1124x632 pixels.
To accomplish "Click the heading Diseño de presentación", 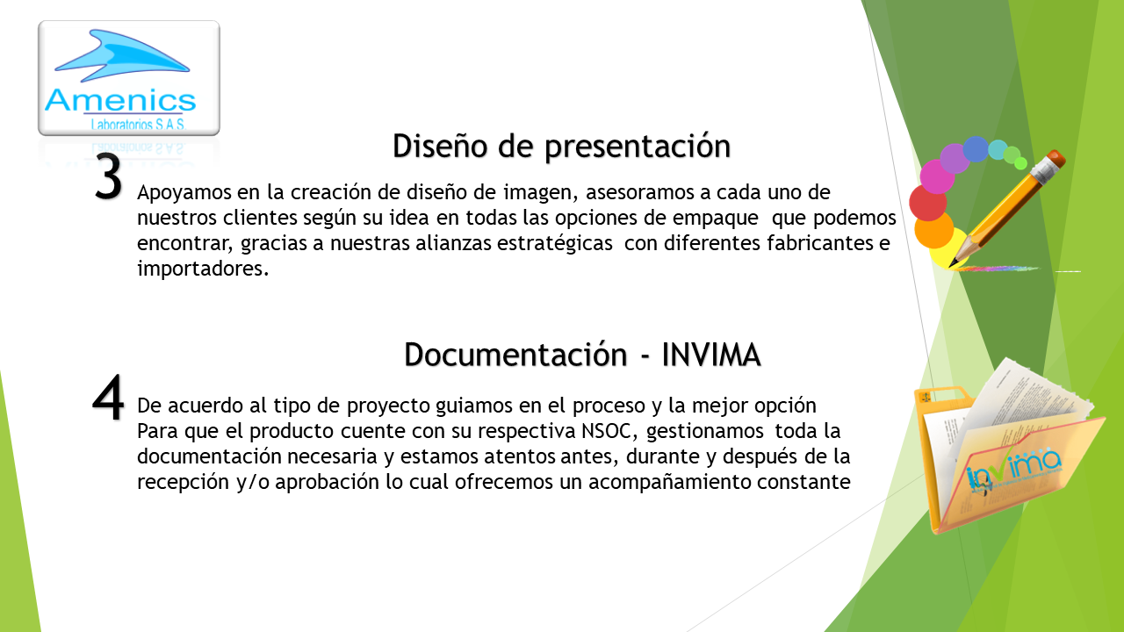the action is tap(561, 147).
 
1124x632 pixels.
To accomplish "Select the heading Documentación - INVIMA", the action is tap(582, 355).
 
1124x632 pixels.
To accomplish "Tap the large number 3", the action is tap(108, 176).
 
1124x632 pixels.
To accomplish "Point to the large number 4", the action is tap(108, 398).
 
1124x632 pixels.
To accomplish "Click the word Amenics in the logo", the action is tap(120, 100).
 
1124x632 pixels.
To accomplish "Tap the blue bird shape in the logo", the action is tap(122, 55).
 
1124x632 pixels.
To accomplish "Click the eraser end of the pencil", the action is tap(1056, 160).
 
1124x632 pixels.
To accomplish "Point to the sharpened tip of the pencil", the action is tap(951, 264).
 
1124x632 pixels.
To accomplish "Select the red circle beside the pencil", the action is tap(928, 202).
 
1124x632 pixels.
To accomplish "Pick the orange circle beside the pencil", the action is tap(933, 230).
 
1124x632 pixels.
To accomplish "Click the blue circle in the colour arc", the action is tap(976, 149).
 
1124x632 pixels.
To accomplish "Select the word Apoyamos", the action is tap(184, 193).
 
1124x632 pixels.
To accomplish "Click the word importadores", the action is tap(203, 269).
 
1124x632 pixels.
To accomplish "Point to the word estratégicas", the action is tap(554, 243).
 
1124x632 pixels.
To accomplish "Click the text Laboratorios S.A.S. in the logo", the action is tap(138, 124).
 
